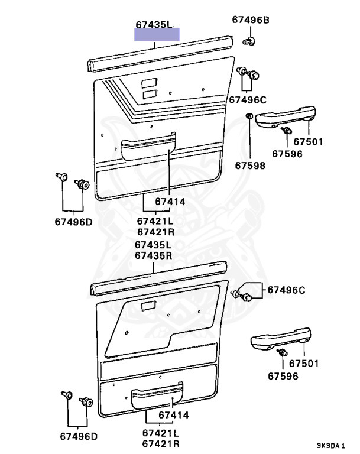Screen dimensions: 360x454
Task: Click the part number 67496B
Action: [x=250, y=20]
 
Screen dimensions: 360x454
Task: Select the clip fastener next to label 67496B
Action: [x=249, y=41]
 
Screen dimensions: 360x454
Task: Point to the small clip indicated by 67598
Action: [x=249, y=116]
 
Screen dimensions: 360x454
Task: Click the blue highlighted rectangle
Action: [x=157, y=35]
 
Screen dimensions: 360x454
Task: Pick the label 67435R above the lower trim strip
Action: [x=153, y=255]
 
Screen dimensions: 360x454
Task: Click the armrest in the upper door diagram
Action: [x=286, y=116]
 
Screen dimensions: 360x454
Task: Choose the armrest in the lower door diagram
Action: [x=280, y=339]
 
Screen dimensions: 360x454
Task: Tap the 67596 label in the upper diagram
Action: [x=287, y=154]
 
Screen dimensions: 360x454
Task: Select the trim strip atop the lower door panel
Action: [x=157, y=282]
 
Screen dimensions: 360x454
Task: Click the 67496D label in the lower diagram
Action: [x=78, y=436]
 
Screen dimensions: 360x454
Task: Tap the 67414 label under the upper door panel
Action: [x=170, y=202]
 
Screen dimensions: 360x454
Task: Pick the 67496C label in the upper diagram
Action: [x=247, y=99]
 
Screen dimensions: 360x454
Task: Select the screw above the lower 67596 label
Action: [x=282, y=354]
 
